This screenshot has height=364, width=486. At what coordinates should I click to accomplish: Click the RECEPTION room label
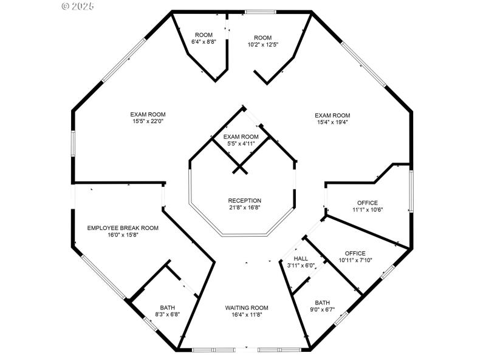244,201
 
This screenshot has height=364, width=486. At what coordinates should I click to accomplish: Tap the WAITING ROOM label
247,308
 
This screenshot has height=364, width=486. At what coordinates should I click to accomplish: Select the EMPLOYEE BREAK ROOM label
123,228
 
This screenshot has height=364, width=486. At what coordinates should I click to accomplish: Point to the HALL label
301,258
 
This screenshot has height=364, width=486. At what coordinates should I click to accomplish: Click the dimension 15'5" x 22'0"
148,121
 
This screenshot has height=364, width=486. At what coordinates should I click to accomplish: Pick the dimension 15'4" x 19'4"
332,123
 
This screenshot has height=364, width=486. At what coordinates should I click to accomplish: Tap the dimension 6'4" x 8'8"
203,42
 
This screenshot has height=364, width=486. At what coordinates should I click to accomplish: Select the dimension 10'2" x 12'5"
262,45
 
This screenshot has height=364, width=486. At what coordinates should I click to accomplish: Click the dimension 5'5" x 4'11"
241,144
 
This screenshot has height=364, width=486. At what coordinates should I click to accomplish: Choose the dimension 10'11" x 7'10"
355,260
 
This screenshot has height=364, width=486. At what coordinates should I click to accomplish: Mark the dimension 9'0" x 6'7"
323,310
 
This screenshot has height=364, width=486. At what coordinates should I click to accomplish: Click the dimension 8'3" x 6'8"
167,315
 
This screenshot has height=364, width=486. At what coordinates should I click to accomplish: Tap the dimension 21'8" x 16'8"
244,208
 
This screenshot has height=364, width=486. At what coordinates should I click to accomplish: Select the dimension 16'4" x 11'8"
247,315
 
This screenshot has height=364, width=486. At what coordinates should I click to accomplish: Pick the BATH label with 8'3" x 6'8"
167,308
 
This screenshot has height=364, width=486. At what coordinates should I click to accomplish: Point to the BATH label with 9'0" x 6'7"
323,303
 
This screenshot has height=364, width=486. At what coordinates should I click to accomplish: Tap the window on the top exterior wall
260,12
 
